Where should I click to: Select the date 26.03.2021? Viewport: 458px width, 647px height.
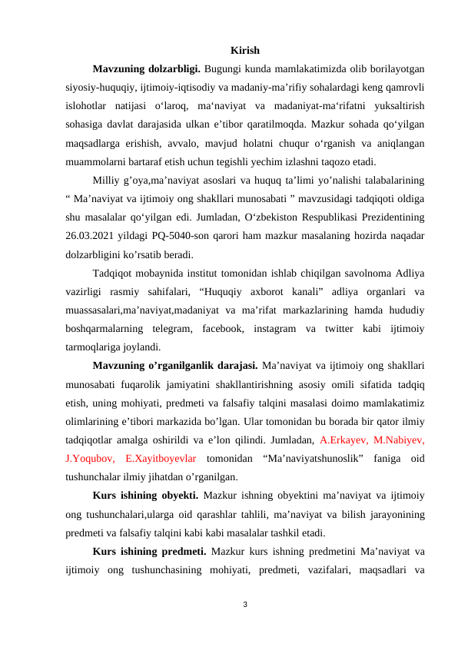point(88,237)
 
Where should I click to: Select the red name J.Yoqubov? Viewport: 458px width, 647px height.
point(91,460)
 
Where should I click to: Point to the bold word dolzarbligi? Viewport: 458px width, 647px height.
point(179,70)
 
